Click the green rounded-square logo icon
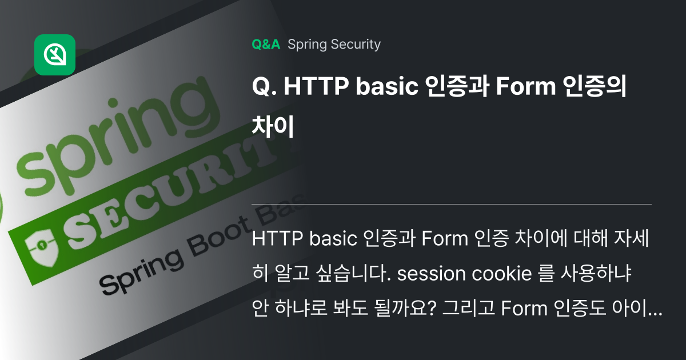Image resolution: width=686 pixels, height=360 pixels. click(x=55, y=55)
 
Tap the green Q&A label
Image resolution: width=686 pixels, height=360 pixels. click(x=266, y=45)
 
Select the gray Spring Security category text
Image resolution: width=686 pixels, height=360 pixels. click(x=334, y=45)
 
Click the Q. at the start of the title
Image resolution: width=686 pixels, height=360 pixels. click(x=264, y=89)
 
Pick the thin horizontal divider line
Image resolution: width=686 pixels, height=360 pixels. click(x=452, y=204)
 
